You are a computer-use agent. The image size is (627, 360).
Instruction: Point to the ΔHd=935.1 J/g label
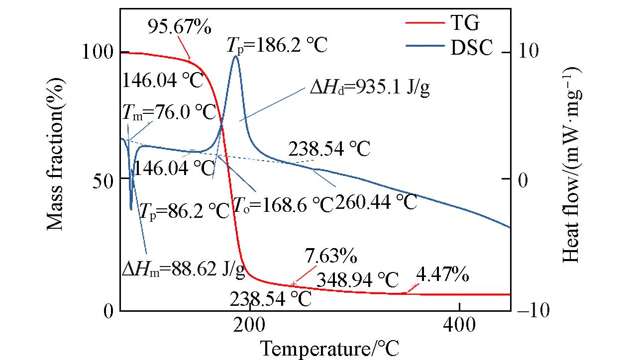click(x=369, y=89)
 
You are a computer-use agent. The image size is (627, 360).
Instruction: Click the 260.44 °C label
click(x=376, y=202)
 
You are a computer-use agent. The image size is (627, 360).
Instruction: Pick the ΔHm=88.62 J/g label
click(x=183, y=269)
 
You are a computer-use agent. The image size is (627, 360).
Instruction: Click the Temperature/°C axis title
click(x=329, y=347)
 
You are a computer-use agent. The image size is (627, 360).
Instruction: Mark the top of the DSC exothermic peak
click(x=235, y=56)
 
